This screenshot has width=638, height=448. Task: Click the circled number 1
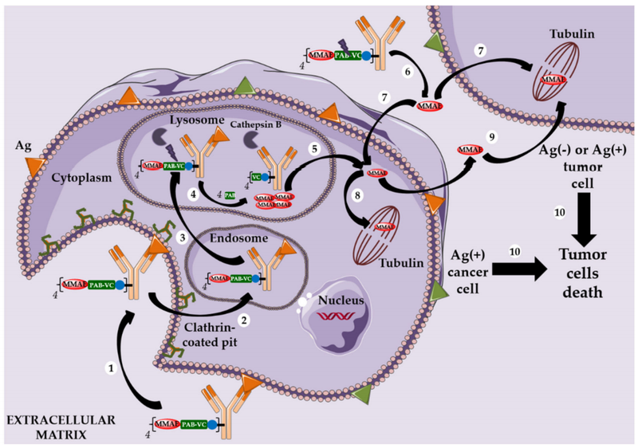tap(112, 368)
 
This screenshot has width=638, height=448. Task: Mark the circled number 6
tap(408, 71)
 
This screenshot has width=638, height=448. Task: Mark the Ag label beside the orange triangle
tap(23, 148)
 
